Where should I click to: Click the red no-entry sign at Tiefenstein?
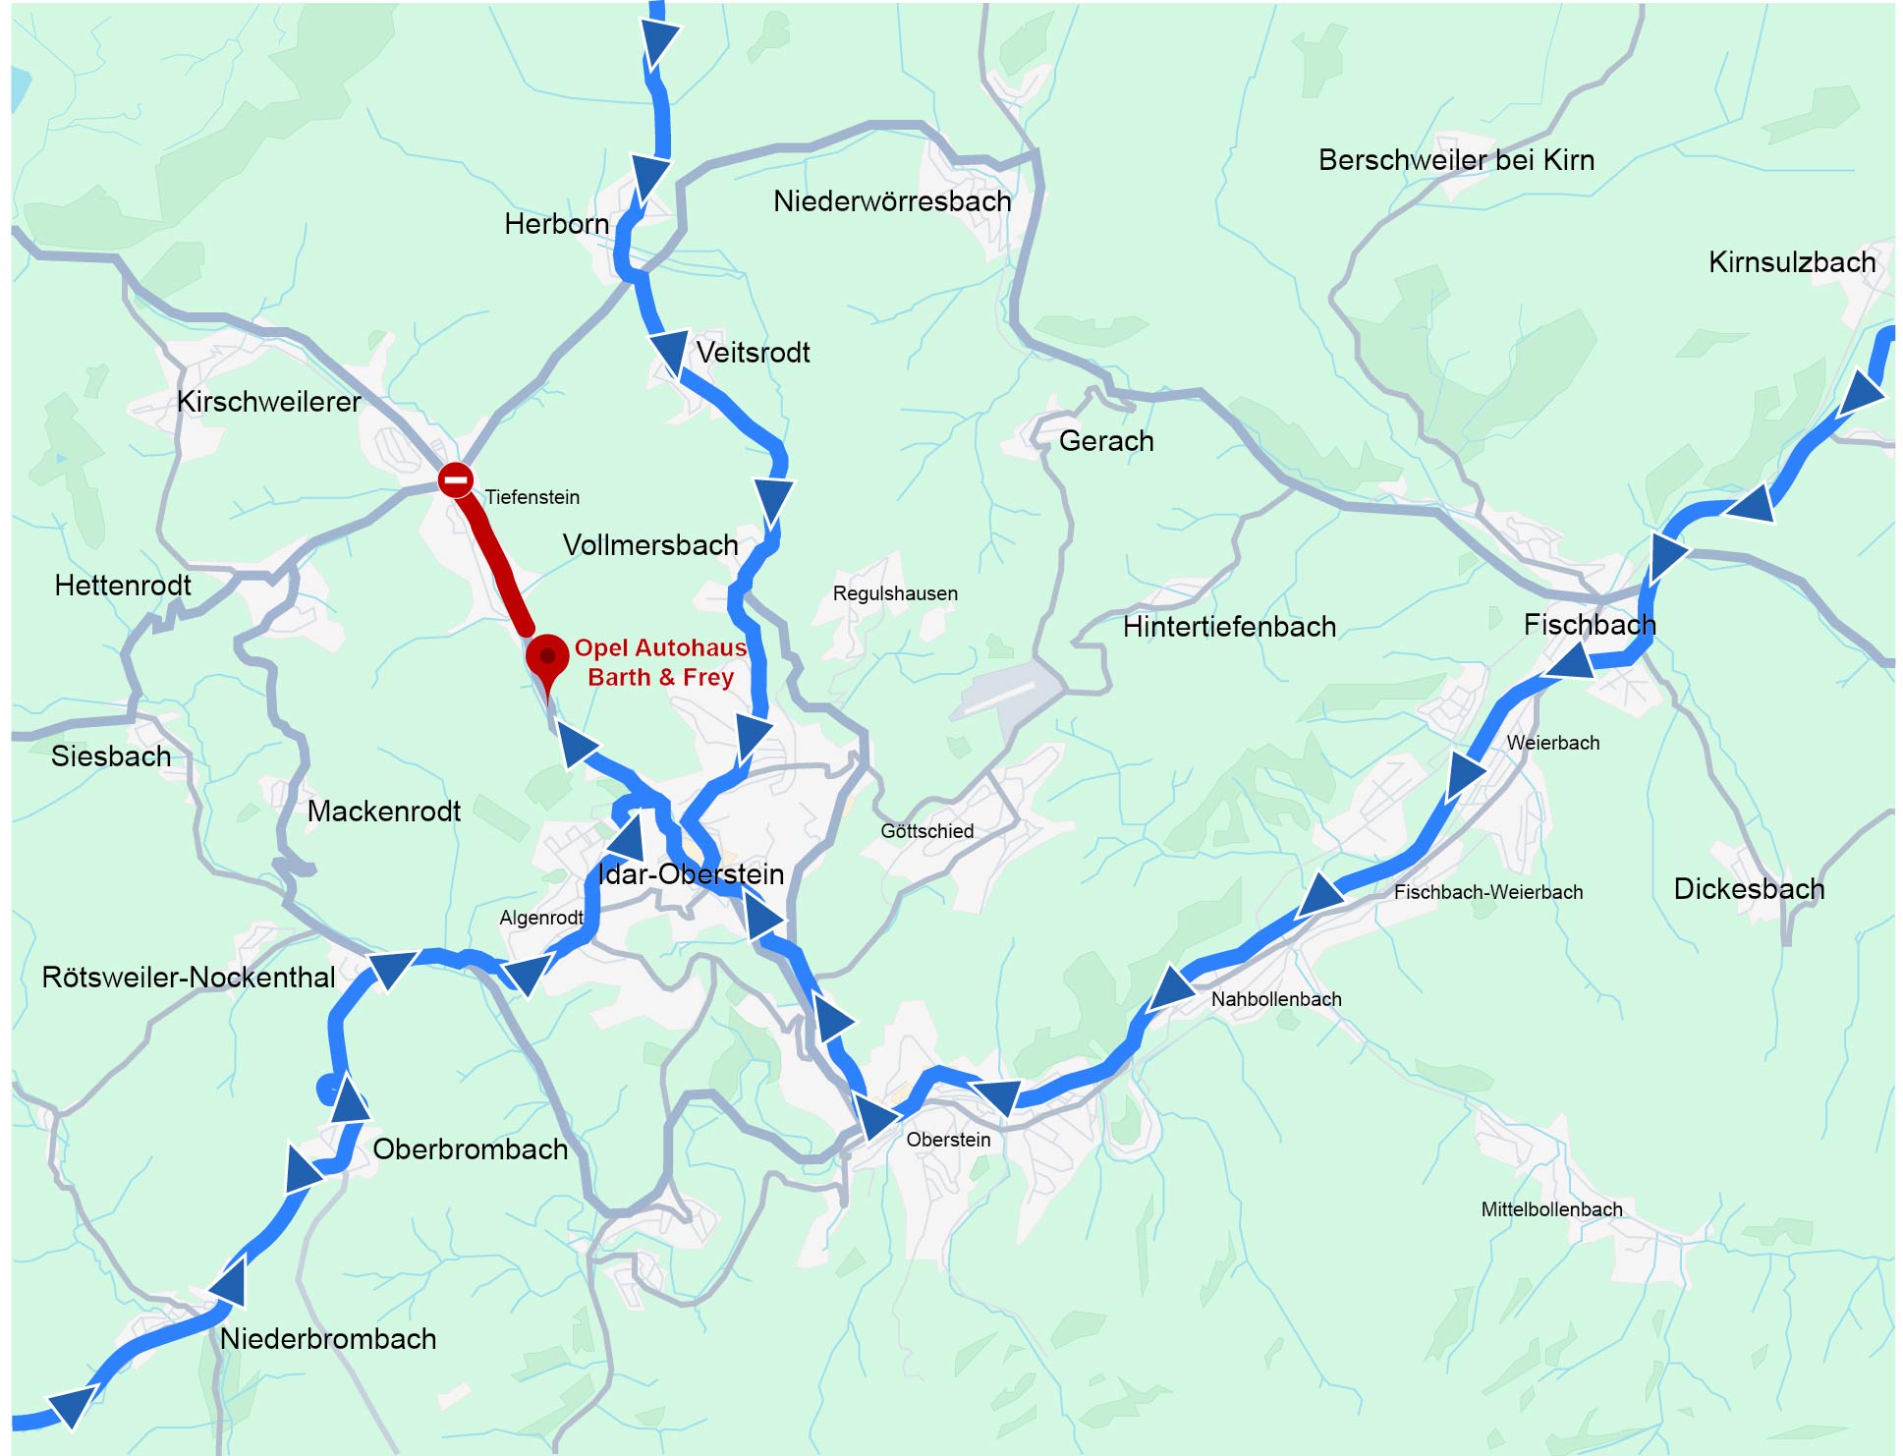(455, 479)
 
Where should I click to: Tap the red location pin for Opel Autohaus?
(547, 656)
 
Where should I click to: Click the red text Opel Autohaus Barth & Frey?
(660, 662)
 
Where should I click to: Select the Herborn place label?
(556, 224)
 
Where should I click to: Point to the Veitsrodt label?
(753, 353)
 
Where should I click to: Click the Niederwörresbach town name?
(891, 201)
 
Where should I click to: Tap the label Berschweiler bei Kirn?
(1455, 160)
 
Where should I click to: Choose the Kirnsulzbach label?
(1791, 262)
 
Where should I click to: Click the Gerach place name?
(1105, 441)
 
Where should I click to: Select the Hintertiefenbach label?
(1228, 627)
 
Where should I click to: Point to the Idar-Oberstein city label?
(691, 873)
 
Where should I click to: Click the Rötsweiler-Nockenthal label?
(188, 978)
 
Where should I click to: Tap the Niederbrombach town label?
(327, 1338)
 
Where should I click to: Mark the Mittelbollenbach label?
(1550, 1209)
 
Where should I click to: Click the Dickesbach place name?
(1748, 889)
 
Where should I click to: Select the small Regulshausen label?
(894, 593)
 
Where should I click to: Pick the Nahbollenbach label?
(1275, 999)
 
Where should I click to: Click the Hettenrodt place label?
(123, 586)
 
